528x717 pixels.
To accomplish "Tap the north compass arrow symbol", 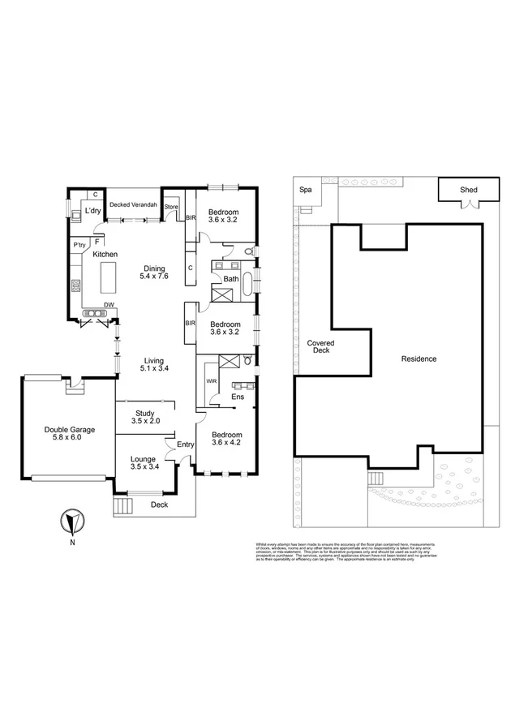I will click(72, 519).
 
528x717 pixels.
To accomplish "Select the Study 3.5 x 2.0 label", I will click(148, 417).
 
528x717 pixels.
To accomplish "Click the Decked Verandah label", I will click(133, 204).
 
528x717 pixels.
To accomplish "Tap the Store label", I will click(171, 208).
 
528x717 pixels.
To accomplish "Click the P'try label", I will click(79, 245).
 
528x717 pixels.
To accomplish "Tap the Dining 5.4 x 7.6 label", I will click(154, 273).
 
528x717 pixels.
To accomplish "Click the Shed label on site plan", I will click(469, 190).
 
